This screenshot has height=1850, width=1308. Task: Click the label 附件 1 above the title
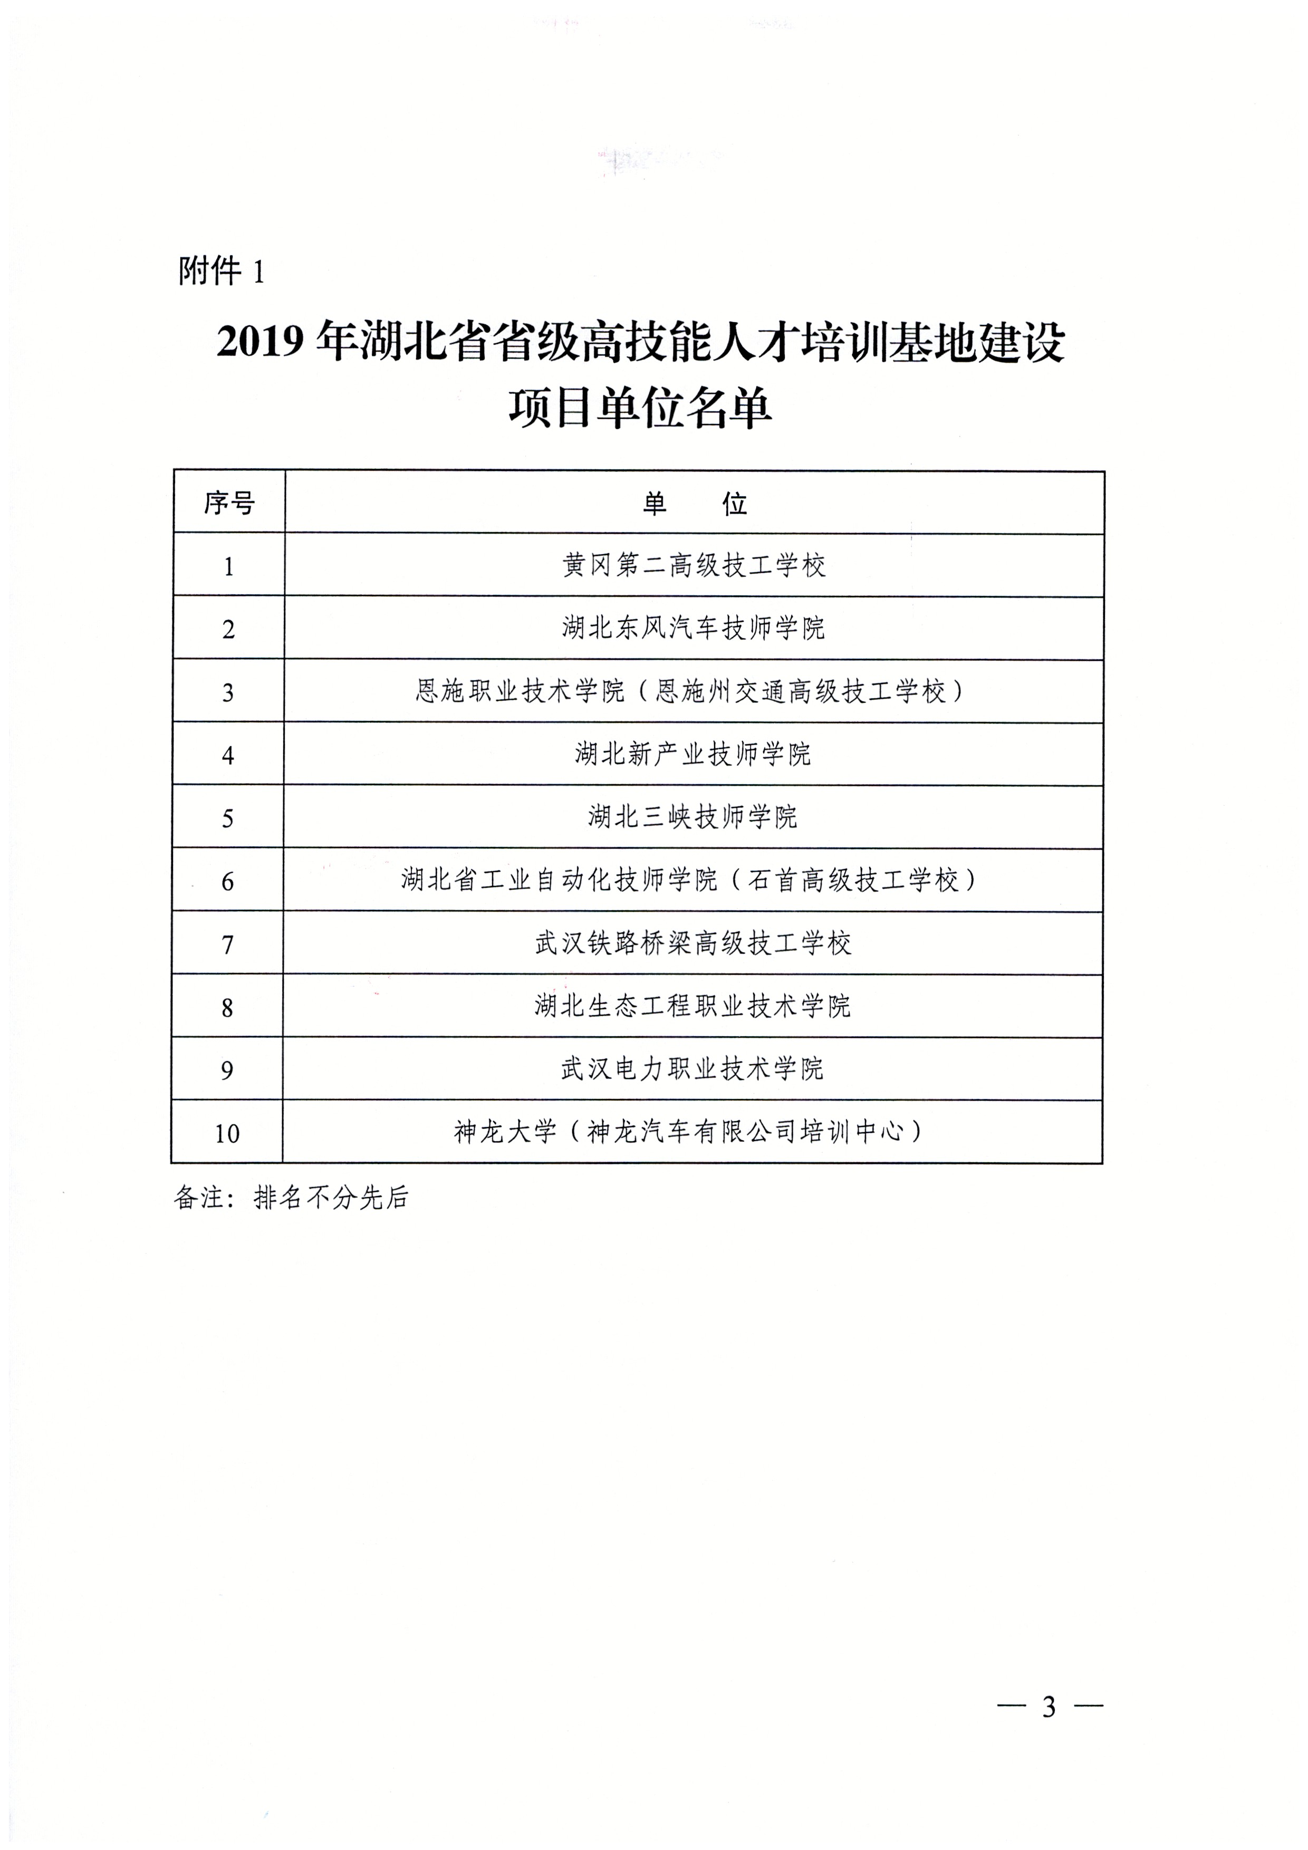coord(221,272)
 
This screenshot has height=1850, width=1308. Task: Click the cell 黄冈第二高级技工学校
coord(694,566)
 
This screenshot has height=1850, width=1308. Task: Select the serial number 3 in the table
coord(228,692)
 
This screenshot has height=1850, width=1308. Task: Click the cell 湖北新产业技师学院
coord(693,754)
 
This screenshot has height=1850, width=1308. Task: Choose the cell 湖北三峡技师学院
coord(693,817)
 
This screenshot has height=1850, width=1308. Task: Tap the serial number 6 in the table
coord(227,881)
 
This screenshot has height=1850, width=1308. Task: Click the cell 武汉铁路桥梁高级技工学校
coord(693,943)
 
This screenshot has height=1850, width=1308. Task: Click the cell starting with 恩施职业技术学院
coord(691,691)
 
